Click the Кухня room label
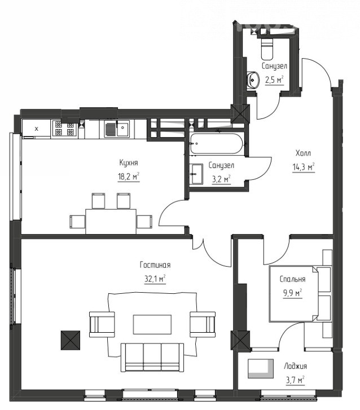129,163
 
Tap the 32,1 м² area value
155,279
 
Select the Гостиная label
155,265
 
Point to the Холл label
303,153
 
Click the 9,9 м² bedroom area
292,293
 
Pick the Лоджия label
295,367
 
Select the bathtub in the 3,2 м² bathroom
217,144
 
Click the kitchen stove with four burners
64,128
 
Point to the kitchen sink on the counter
117,129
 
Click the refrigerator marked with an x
36,129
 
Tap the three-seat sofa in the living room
152,357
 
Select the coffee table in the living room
152,324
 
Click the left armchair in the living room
102,324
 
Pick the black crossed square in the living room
71,340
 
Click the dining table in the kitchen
111,221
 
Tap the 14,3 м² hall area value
304,167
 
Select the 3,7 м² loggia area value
295,380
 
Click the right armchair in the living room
203,324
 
